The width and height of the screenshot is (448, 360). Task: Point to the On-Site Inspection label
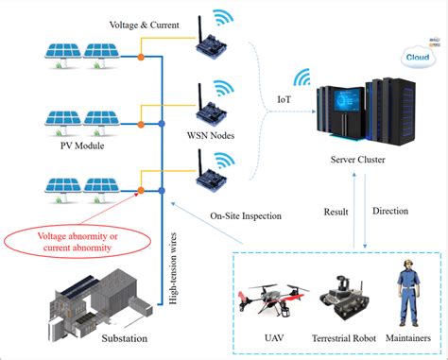tap(245, 215)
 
